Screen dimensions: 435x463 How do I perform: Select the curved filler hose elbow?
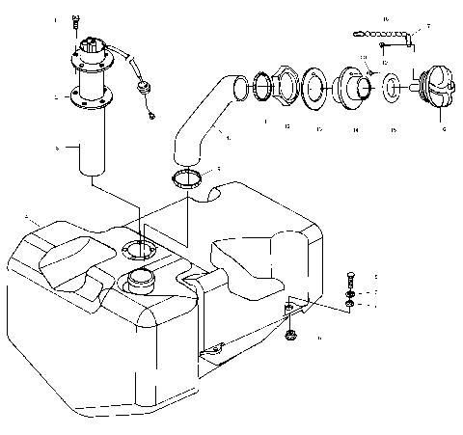click(205, 116)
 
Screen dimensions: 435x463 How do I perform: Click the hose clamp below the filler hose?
click(190, 177)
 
